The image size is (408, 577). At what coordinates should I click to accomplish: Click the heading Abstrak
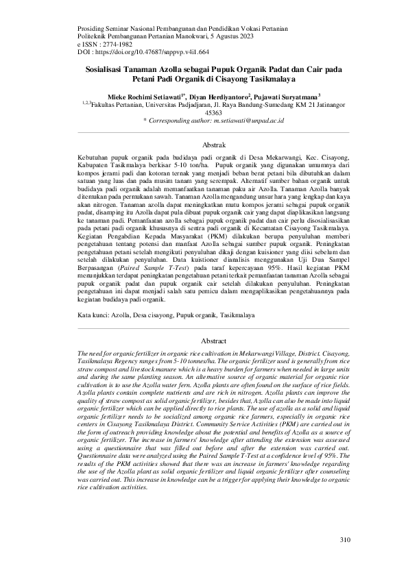[213, 145]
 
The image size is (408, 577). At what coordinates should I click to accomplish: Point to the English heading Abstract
[213, 340]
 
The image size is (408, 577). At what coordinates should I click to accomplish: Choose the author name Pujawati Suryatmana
[288, 97]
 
